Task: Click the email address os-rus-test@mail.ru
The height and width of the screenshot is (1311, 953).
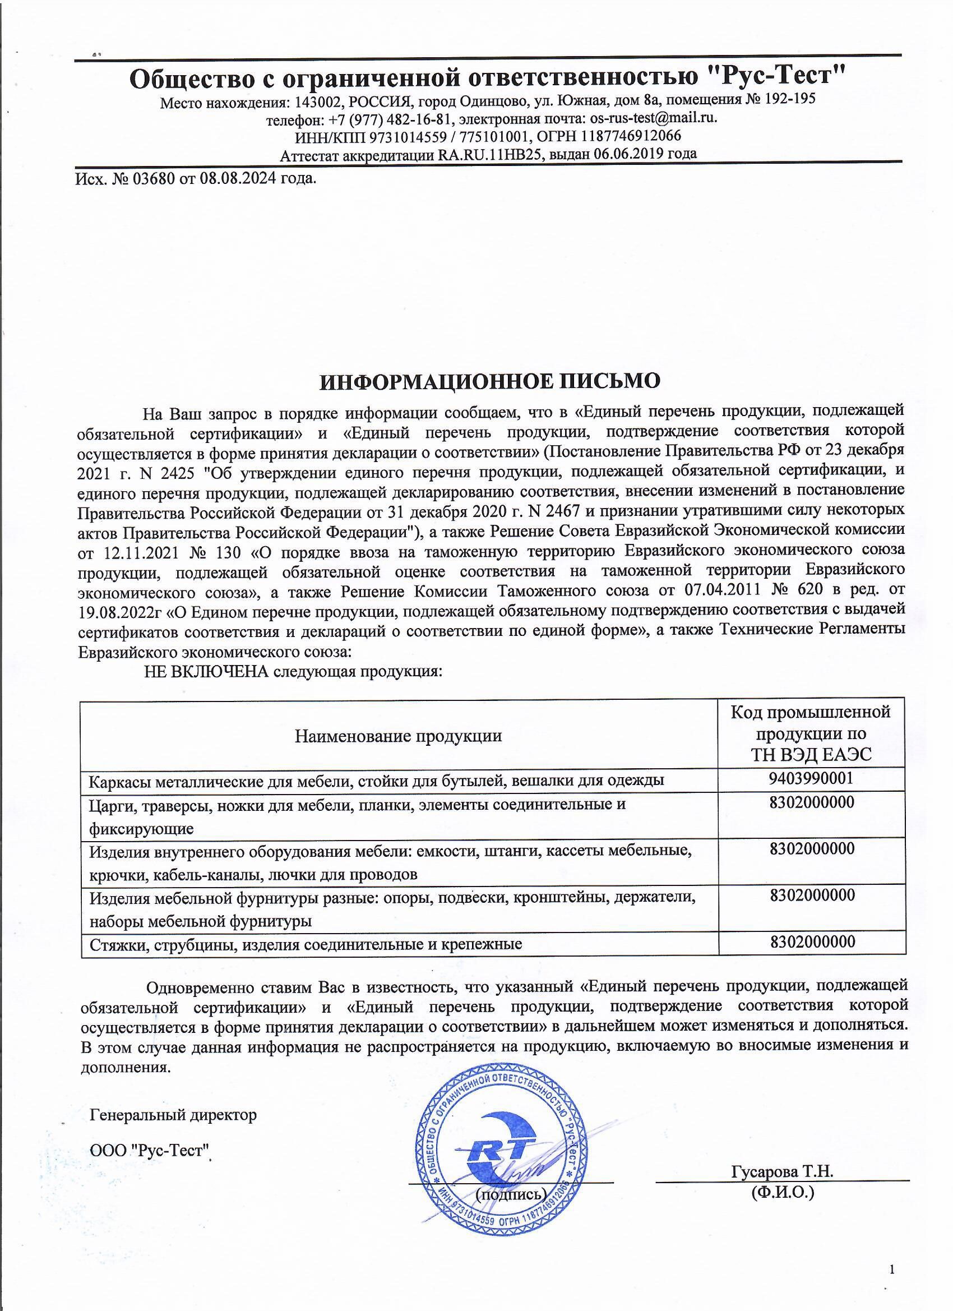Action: pos(653,118)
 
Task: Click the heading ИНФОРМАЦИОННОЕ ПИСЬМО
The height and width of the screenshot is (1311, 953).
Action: pos(490,381)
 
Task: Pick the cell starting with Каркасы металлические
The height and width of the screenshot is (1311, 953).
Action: pos(376,781)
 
